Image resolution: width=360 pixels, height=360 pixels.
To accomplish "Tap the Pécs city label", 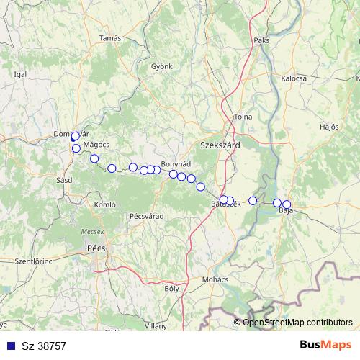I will tap(95, 248).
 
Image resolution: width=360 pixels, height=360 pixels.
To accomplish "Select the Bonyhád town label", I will tap(175, 164).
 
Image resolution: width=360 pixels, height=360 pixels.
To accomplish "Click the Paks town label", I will tap(261, 40).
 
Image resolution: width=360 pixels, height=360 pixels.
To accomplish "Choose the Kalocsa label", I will tap(294, 78).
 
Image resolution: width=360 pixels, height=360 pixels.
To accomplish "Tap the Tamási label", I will tap(112, 37).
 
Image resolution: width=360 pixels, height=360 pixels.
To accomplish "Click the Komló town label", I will tap(105, 205).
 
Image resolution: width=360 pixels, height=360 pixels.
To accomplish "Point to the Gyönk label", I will tap(162, 66).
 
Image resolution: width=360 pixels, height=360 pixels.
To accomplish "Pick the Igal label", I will tap(20, 73).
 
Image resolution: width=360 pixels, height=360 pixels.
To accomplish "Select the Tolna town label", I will tap(243, 117).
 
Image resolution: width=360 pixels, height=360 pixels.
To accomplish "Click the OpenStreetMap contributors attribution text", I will tap(298, 322).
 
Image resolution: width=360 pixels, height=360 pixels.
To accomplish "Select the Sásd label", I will tap(63, 179).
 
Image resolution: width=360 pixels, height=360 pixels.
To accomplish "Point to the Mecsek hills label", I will tap(91, 231).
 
